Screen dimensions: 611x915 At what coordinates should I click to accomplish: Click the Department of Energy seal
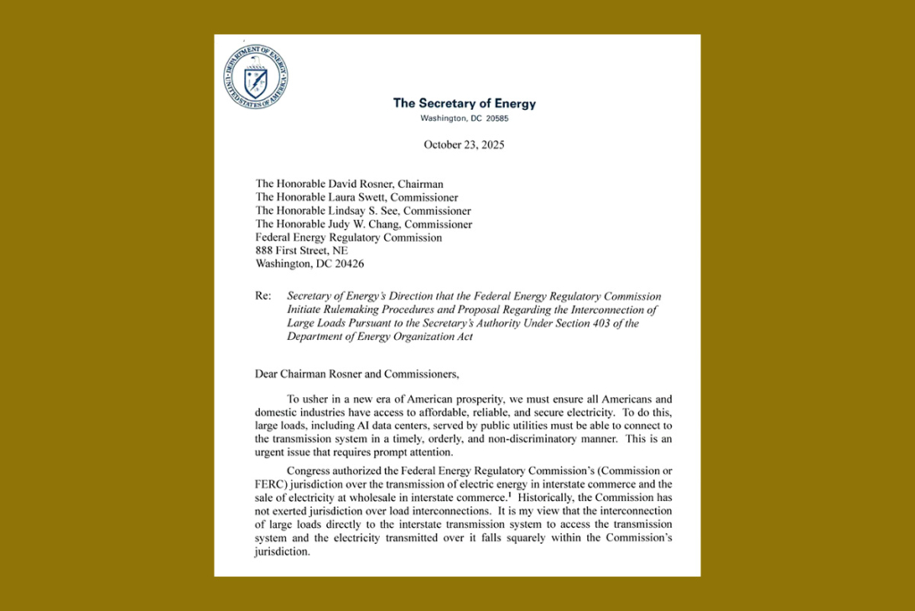click(256, 74)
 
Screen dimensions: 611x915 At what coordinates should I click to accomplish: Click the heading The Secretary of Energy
click(465, 103)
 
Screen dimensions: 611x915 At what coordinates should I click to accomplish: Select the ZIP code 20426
click(345, 264)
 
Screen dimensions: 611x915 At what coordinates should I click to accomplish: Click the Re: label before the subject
click(264, 296)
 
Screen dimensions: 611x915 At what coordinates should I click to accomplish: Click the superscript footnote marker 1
click(509, 494)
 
